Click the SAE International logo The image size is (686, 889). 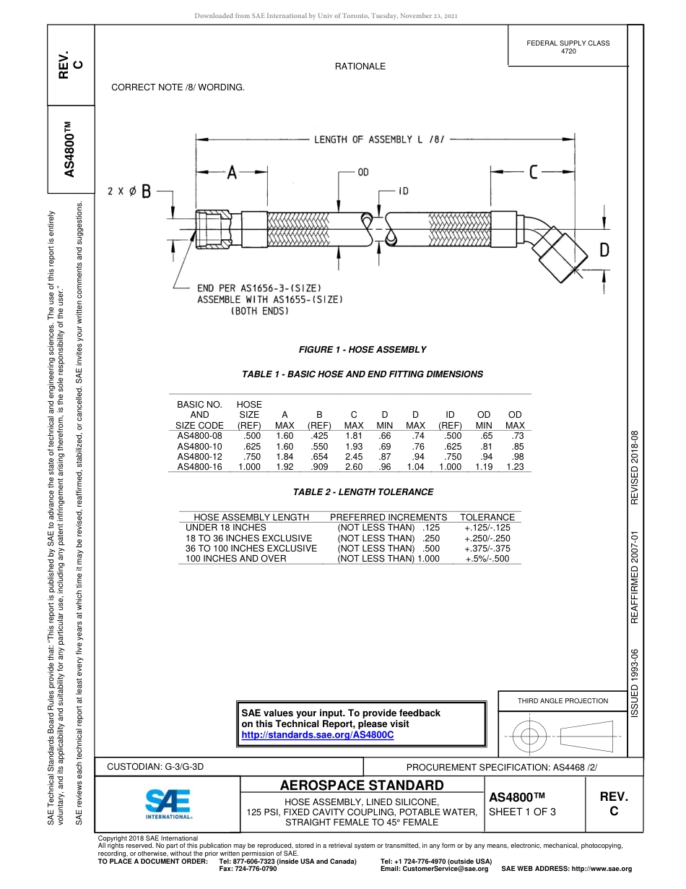click(168, 802)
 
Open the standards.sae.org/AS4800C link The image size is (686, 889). click(318, 735)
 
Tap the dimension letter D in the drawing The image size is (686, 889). click(604, 250)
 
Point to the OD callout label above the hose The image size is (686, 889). click(363, 173)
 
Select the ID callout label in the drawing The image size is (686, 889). click(404, 191)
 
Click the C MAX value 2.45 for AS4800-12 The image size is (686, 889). click(353, 457)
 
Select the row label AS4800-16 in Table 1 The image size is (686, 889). click(199, 467)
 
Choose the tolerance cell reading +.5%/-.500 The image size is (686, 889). click(487, 559)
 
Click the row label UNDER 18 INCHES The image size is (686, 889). click(216, 528)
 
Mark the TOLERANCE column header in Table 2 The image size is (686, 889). click(487, 517)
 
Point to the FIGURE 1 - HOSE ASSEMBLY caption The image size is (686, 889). click(362, 350)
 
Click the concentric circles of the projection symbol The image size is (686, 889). click(531, 736)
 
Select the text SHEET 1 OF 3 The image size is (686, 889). click(523, 812)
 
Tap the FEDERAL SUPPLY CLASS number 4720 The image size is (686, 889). click(568, 51)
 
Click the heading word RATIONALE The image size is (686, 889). click(360, 66)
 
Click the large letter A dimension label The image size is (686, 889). click(232, 173)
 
